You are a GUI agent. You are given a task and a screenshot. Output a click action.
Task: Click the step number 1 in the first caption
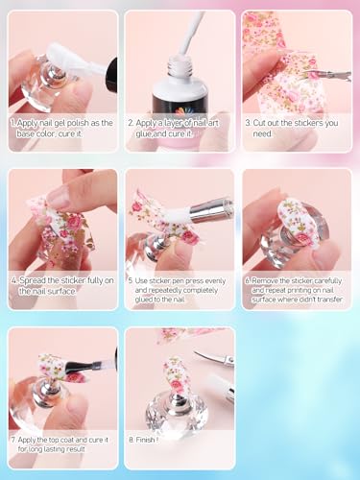point(13,124)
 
